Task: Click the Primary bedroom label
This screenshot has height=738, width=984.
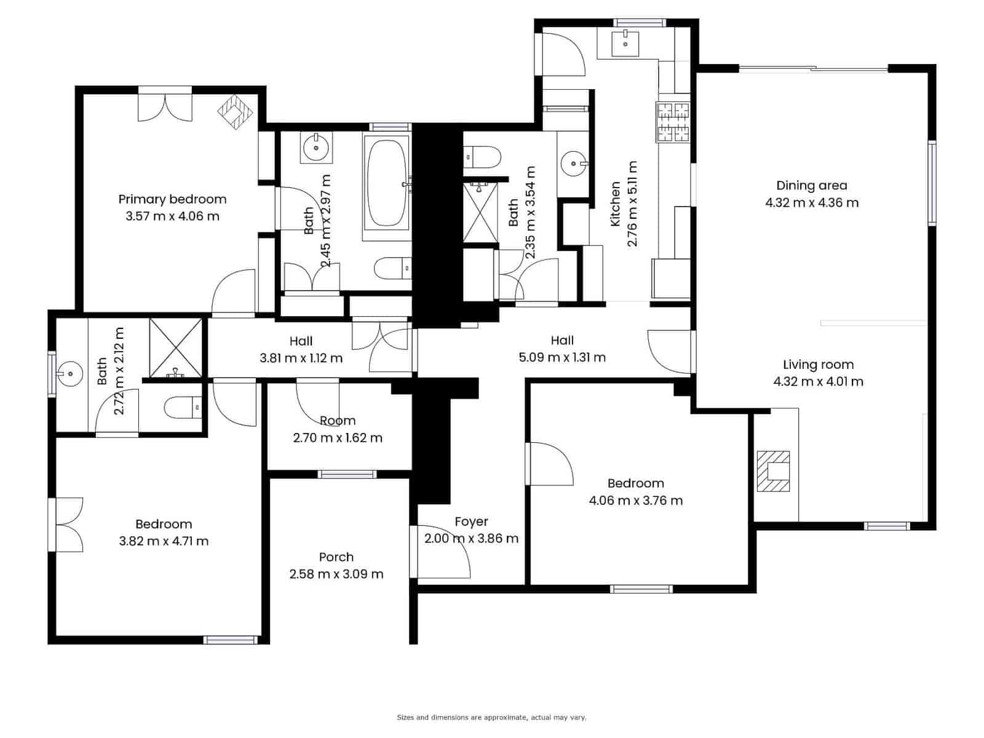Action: pos(172,199)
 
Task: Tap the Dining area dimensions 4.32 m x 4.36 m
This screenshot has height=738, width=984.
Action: pos(811,203)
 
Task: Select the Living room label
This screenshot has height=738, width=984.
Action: pos(818,365)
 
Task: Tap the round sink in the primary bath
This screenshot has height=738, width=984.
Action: pos(316,148)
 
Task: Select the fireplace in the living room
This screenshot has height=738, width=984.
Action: pos(773,471)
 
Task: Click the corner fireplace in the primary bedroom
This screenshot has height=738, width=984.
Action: pos(235,112)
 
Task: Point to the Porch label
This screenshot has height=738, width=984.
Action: pos(336,557)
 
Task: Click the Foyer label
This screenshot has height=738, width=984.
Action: pos(471,522)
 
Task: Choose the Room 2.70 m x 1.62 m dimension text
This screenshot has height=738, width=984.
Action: pos(338,438)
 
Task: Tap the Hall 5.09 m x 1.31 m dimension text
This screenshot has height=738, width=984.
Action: pos(562,357)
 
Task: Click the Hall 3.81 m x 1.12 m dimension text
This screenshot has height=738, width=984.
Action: pos(301,359)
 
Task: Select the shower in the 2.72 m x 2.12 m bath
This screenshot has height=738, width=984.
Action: pos(175,348)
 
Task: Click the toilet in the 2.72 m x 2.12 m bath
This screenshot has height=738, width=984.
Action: pos(183,408)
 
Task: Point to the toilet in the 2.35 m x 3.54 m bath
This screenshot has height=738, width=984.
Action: pos(482,157)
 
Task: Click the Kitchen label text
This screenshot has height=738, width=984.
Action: pos(615,204)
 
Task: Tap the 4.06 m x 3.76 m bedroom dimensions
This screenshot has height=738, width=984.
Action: pos(636,501)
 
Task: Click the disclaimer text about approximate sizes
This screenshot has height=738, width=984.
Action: pos(492,717)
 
